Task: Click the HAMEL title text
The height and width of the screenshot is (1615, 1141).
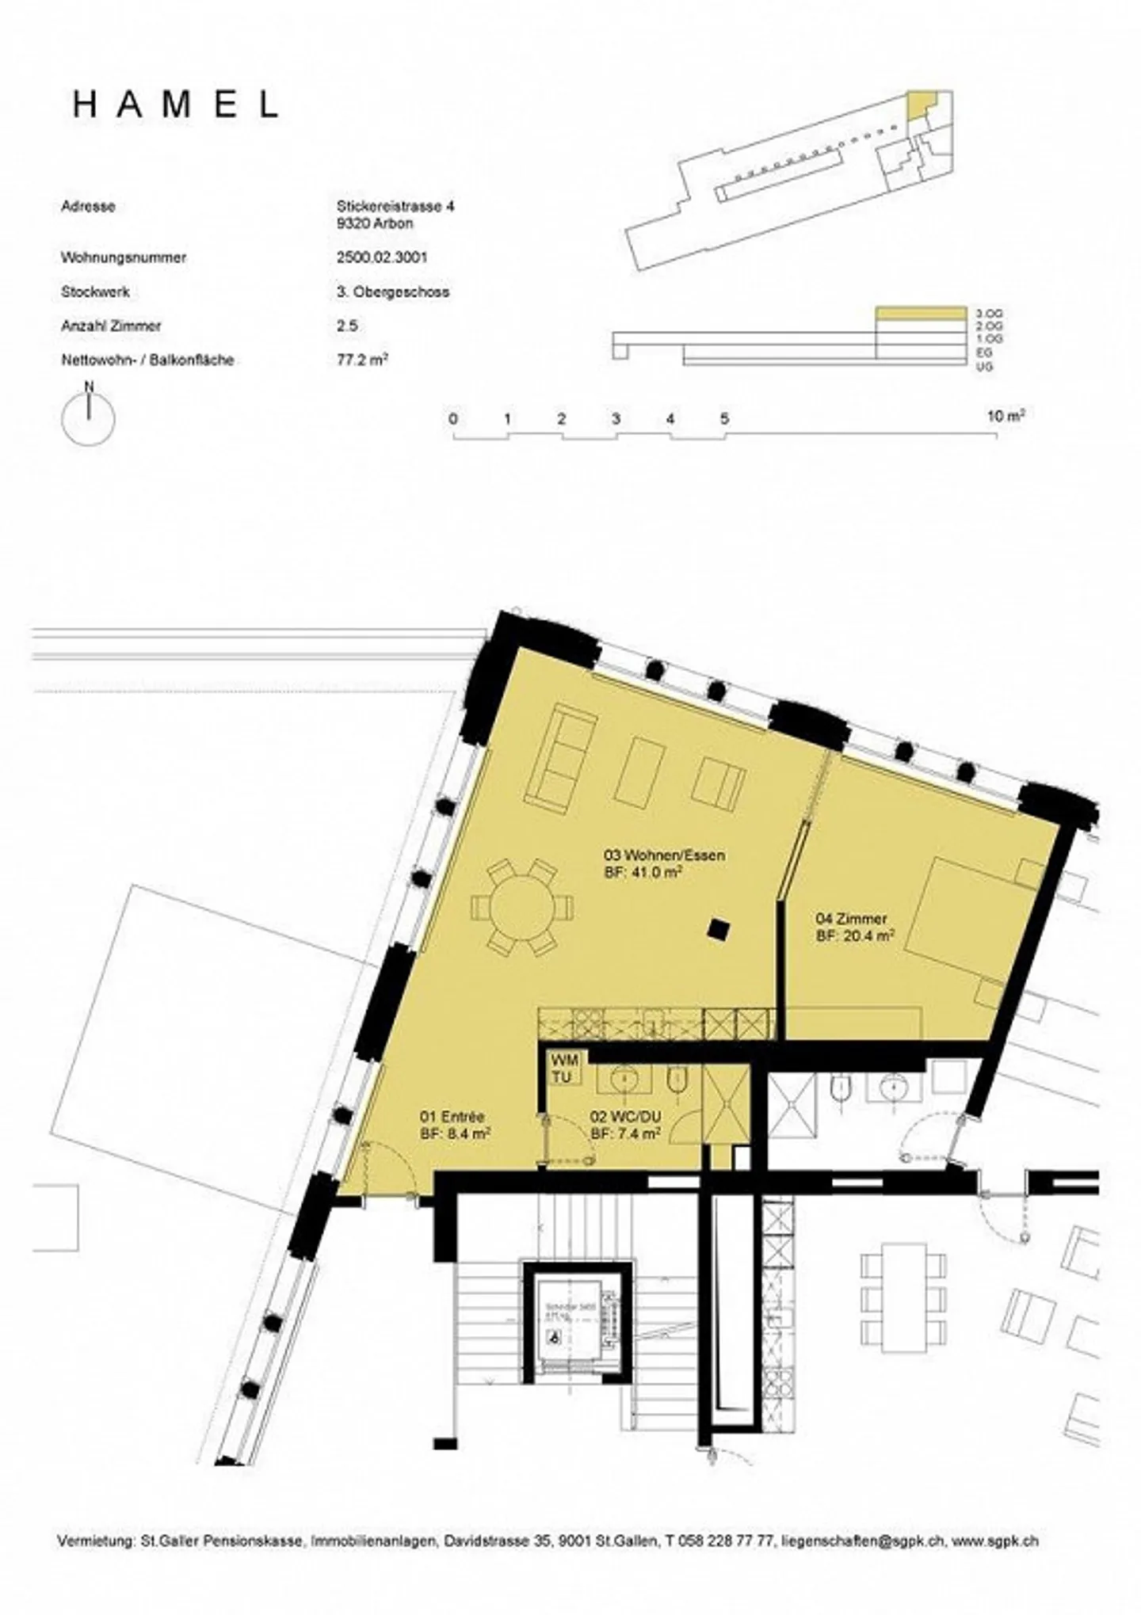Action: [176, 105]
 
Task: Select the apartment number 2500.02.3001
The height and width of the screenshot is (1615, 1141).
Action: [382, 257]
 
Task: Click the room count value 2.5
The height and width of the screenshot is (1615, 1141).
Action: [346, 326]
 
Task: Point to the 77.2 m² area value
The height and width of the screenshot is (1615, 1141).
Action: [362, 360]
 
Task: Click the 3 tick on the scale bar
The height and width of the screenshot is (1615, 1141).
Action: [616, 420]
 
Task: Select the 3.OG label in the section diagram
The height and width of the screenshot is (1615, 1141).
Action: [990, 314]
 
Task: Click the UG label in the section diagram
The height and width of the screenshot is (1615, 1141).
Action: [985, 367]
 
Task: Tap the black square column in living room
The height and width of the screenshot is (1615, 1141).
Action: [718, 929]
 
